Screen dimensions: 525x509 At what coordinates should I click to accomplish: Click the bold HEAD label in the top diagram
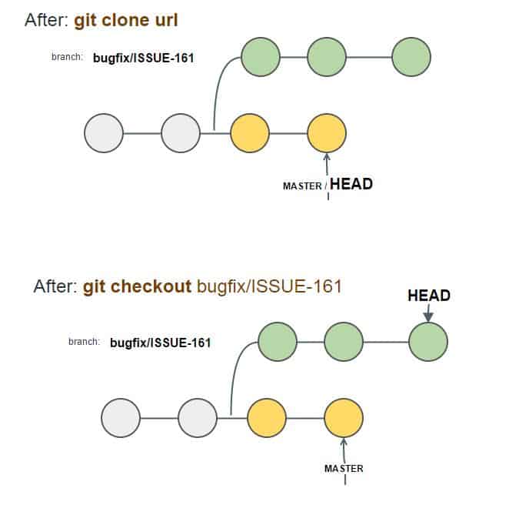click(x=351, y=184)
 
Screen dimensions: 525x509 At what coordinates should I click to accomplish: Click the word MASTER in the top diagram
click(x=302, y=186)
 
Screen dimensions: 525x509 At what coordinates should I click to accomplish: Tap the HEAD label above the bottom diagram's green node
click(x=428, y=296)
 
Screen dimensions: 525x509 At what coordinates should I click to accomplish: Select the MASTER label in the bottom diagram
click(x=344, y=468)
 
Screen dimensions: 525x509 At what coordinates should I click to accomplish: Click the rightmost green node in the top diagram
click(x=411, y=57)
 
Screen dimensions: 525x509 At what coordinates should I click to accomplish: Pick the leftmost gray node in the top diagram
click(x=104, y=133)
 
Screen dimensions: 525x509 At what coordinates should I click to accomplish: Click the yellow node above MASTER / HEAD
click(x=327, y=133)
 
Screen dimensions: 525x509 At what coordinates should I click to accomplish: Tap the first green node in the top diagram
click(x=261, y=57)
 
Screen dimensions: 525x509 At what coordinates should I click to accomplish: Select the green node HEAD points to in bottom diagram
click(x=428, y=342)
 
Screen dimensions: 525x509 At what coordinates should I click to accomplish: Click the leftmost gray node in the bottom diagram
click(x=121, y=418)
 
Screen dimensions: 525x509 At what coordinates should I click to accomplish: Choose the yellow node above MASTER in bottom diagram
click(x=344, y=418)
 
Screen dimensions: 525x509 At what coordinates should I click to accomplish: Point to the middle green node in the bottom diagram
click(x=344, y=342)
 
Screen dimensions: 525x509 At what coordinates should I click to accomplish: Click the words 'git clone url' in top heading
click(x=126, y=20)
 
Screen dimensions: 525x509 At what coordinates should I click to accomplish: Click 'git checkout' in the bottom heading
click(x=137, y=287)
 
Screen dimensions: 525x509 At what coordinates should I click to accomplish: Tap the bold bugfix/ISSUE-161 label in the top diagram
click(x=144, y=58)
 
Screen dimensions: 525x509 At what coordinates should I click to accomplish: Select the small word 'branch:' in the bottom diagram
click(x=84, y=341)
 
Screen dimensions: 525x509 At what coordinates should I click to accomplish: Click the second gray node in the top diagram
click(x=181, y=133)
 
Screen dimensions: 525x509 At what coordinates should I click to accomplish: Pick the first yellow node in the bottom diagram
click(x=267, y=418)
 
